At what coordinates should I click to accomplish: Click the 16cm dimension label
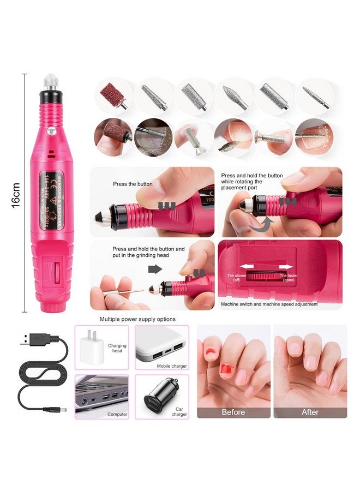16,194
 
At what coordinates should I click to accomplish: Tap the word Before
233,412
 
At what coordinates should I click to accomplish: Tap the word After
310,412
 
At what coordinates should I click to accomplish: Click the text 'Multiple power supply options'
137,319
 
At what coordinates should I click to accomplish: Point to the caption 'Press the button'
132,184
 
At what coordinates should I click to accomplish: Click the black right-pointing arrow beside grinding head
156,268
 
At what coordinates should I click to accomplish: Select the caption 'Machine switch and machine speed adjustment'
269,304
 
